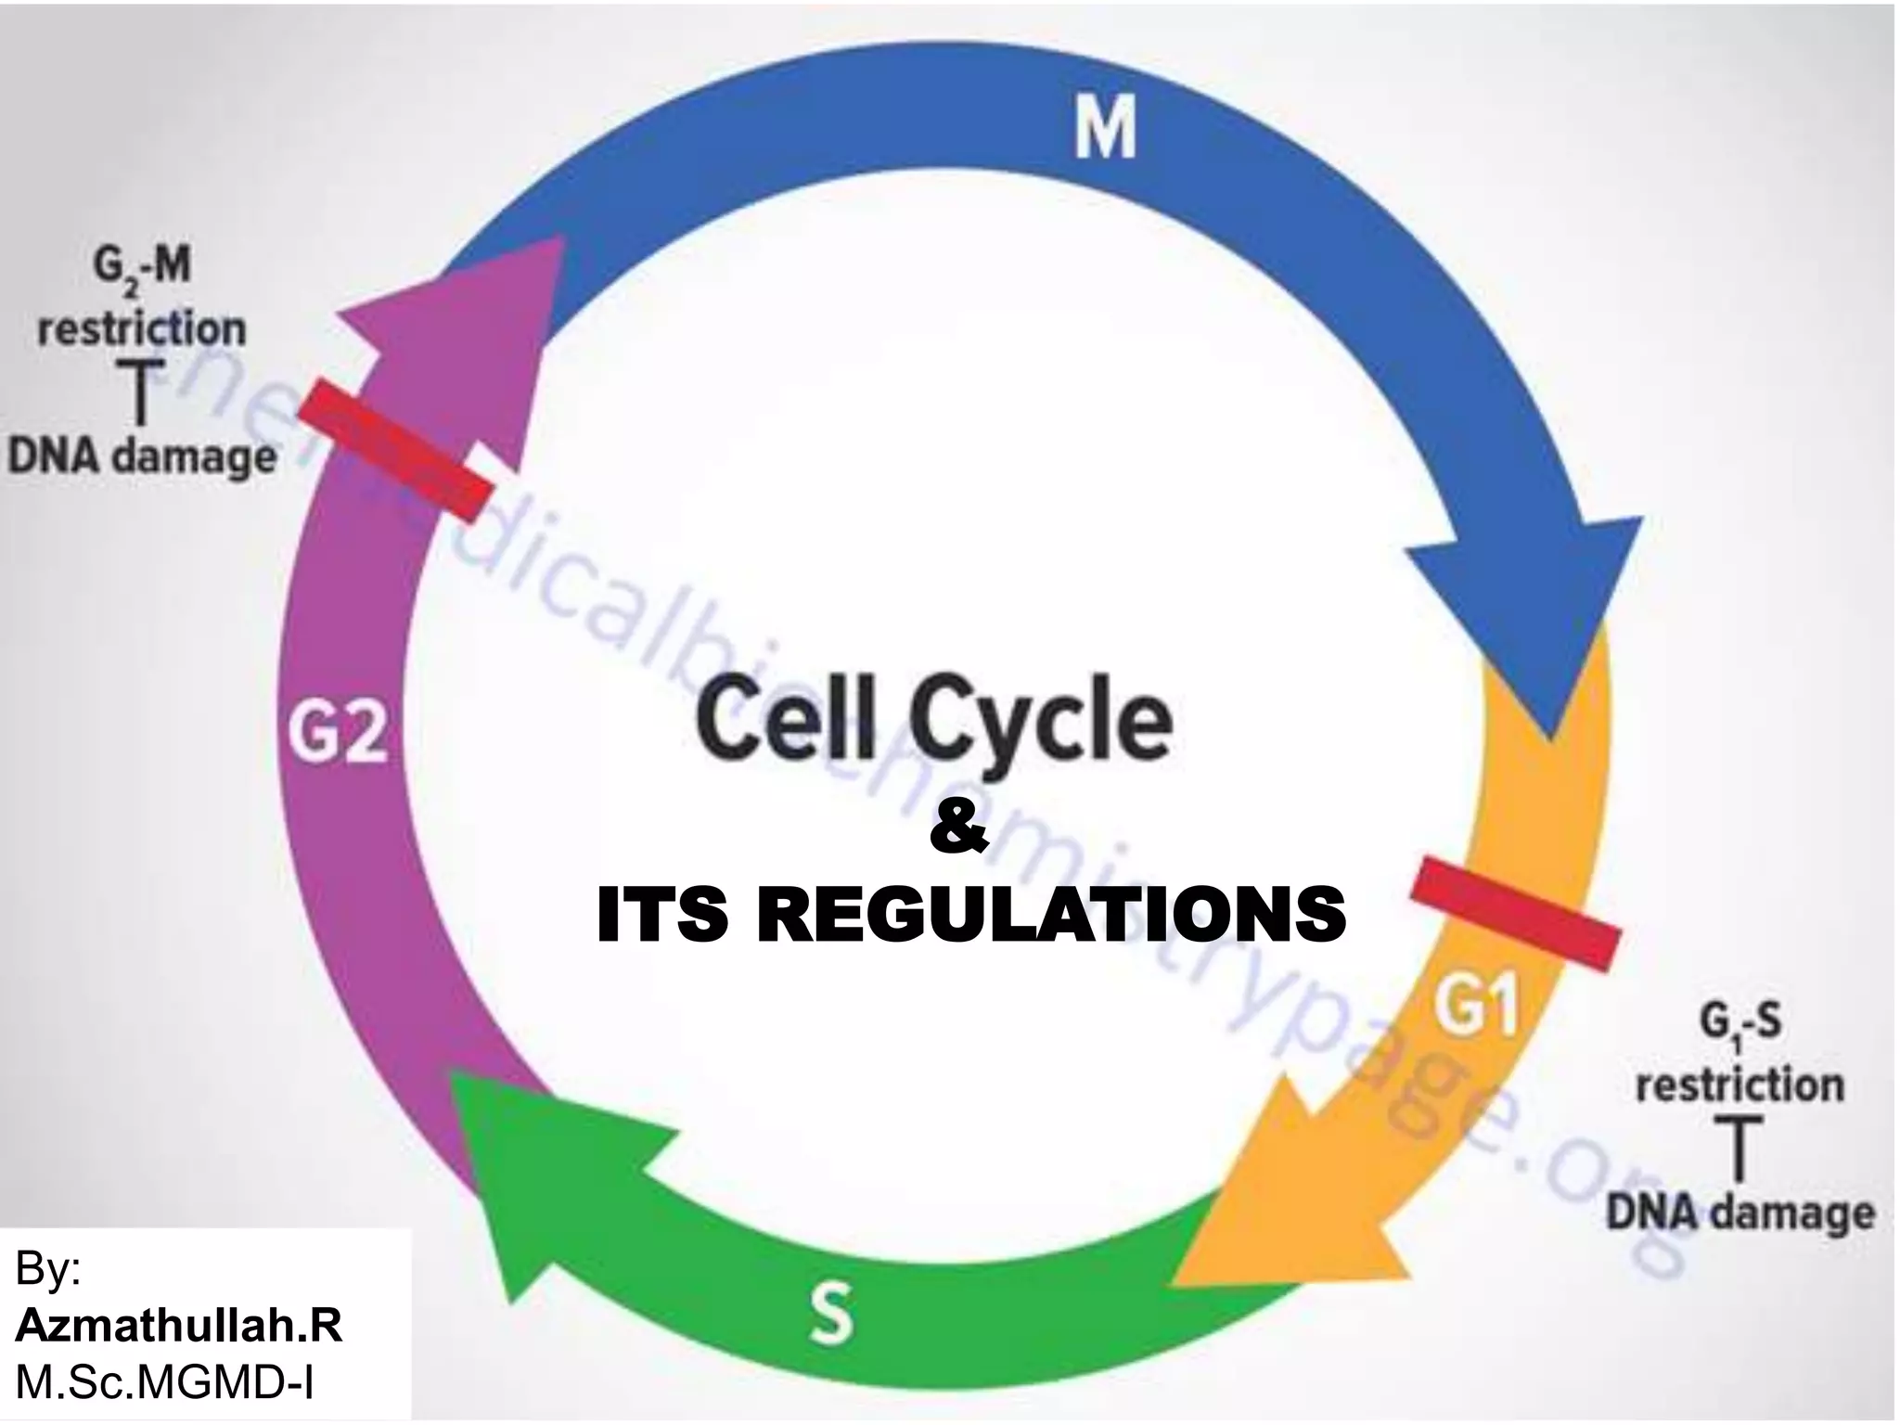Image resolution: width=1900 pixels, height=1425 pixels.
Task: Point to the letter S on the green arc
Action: click(x=830, y=1312)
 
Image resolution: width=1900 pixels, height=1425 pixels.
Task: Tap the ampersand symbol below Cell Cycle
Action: click(x=959, y=832)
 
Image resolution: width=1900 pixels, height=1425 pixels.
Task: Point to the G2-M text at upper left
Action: click(x=141, y=267)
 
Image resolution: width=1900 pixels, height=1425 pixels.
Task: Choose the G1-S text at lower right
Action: click(x=1740, y=1026)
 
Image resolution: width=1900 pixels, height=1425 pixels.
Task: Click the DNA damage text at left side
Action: click(x=142, y=457)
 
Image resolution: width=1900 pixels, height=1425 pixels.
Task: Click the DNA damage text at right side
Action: click(x=1740, y=1213)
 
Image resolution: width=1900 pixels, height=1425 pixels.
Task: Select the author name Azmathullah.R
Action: click(x=179, y=1328)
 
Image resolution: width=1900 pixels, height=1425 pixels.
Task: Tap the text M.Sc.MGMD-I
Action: click(x=164, y=1383)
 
